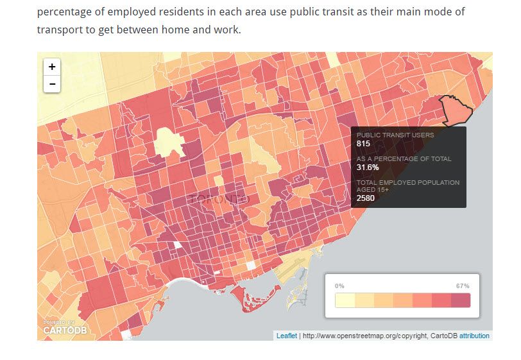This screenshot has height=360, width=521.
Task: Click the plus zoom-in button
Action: (52, 67)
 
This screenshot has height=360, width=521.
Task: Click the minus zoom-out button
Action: (52, 83)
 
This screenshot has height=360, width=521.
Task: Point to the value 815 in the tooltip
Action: (363, 144)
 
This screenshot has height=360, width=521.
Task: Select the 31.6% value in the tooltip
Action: (368, 167)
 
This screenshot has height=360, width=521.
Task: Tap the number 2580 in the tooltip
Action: (366, 198)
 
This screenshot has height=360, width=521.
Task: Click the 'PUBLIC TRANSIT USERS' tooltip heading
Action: (395, 135)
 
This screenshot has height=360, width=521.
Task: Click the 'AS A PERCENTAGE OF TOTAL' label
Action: (404, 159)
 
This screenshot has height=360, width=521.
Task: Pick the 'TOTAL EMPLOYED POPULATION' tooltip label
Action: (408, 182)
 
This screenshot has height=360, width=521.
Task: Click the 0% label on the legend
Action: (340, 286)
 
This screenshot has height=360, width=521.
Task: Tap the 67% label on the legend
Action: (463, 286)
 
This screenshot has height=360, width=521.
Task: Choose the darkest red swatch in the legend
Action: (460, 300)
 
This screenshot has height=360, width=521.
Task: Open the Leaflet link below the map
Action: (286, 336)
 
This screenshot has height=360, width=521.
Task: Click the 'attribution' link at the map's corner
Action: (474, 336)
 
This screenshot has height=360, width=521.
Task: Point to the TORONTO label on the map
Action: (218, 199)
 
